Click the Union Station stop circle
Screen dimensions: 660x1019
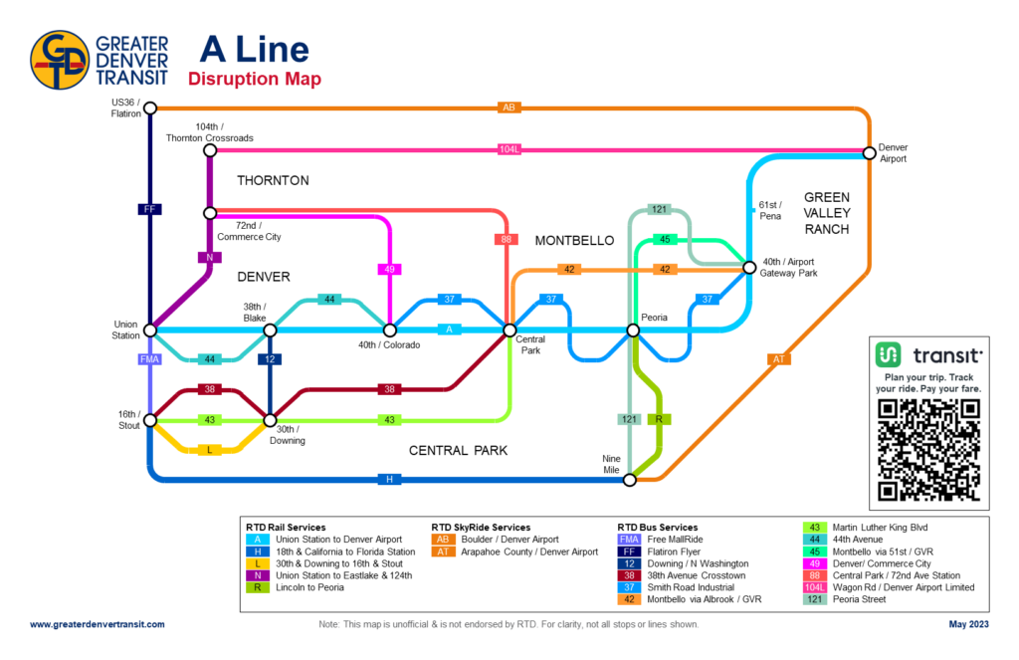150,330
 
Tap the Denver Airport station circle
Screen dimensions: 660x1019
870,152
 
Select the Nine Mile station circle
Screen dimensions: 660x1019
630,481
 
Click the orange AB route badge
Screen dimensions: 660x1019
509,108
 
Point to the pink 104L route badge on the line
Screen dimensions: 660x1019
509,149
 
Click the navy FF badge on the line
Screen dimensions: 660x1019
149,209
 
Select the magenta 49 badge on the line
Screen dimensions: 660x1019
389,269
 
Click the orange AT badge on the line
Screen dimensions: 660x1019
780,358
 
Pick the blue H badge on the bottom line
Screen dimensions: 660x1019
389,480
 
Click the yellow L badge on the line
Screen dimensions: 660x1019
209,450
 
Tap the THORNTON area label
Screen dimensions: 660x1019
273,181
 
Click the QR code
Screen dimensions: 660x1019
930,450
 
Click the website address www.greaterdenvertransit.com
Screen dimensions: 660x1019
98,624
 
